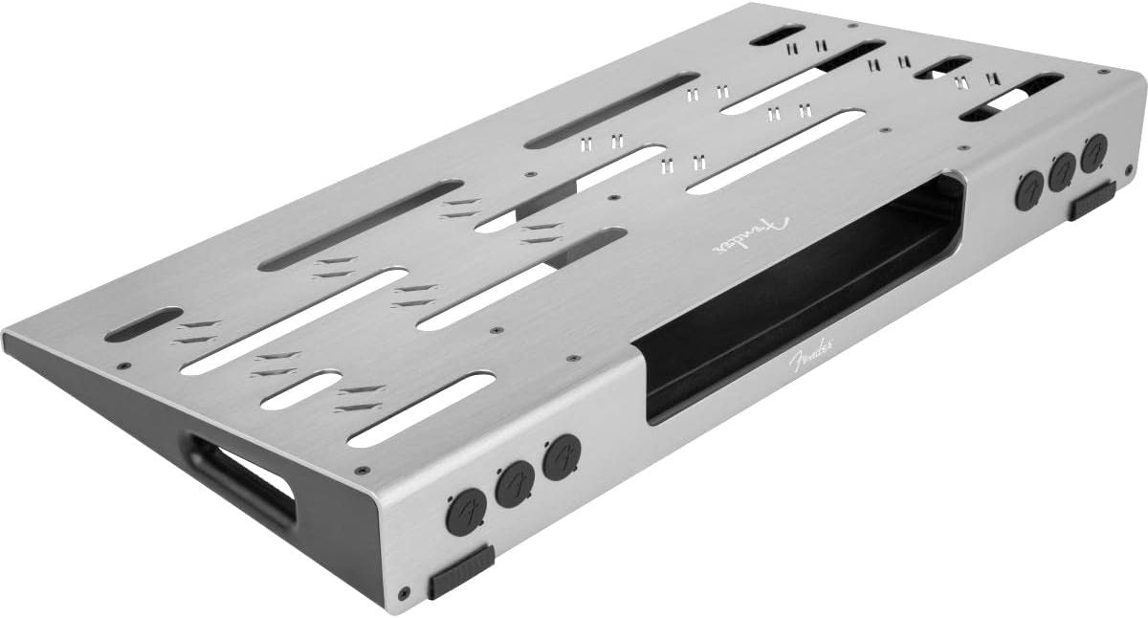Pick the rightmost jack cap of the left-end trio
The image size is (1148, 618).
[563, 455]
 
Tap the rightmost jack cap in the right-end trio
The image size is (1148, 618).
[1094, 153]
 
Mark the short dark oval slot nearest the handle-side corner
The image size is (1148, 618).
[143, 324]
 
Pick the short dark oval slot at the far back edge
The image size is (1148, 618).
[777, 34]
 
